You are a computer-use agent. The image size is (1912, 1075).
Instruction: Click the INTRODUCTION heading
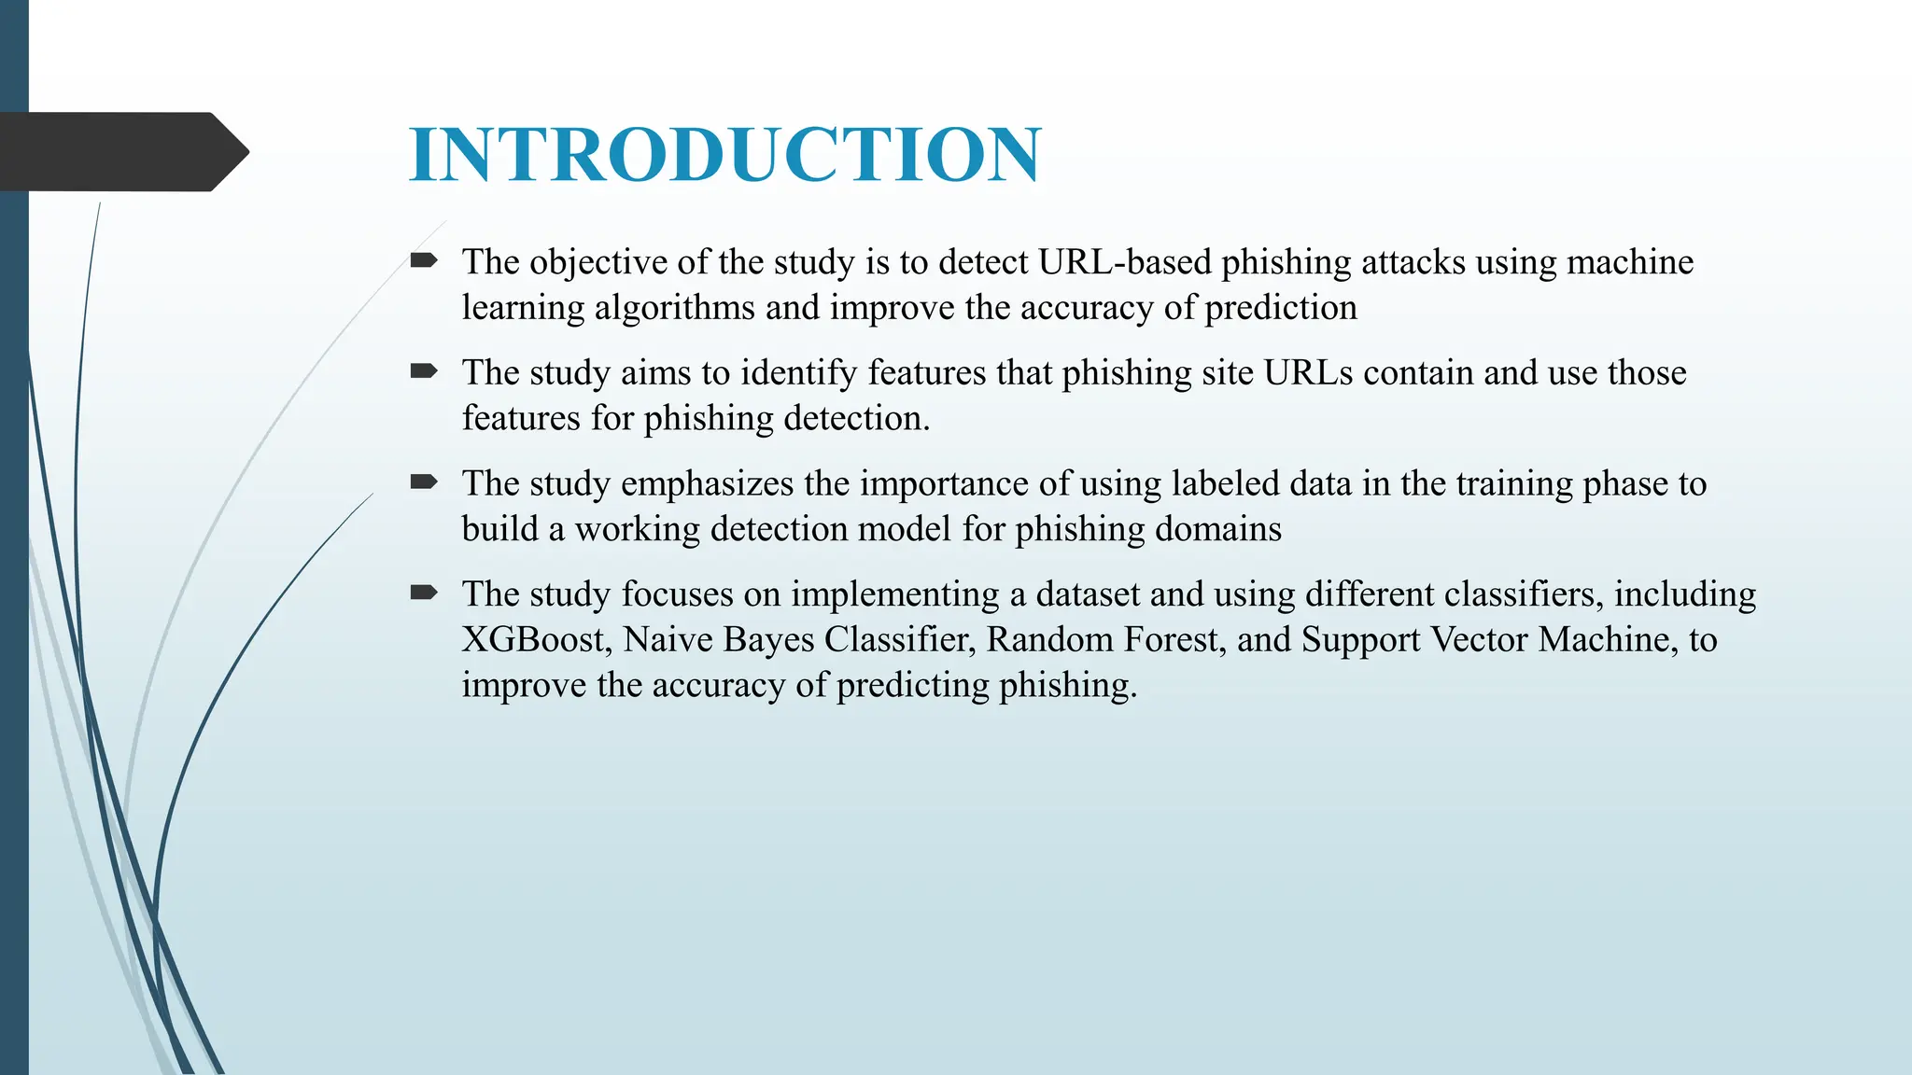724,154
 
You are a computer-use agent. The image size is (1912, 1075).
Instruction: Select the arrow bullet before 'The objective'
424,260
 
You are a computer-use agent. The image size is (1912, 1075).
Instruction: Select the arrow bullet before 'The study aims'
424,371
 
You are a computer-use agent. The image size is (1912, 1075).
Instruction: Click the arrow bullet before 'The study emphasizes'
424,482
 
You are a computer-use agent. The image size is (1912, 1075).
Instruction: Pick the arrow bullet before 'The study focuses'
424,593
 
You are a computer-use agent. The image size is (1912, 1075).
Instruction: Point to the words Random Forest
1104,640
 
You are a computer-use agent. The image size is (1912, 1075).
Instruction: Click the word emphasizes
707,484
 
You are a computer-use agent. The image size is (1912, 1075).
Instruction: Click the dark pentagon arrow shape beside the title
121,151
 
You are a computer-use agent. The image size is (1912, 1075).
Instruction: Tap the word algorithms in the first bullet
674,308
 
